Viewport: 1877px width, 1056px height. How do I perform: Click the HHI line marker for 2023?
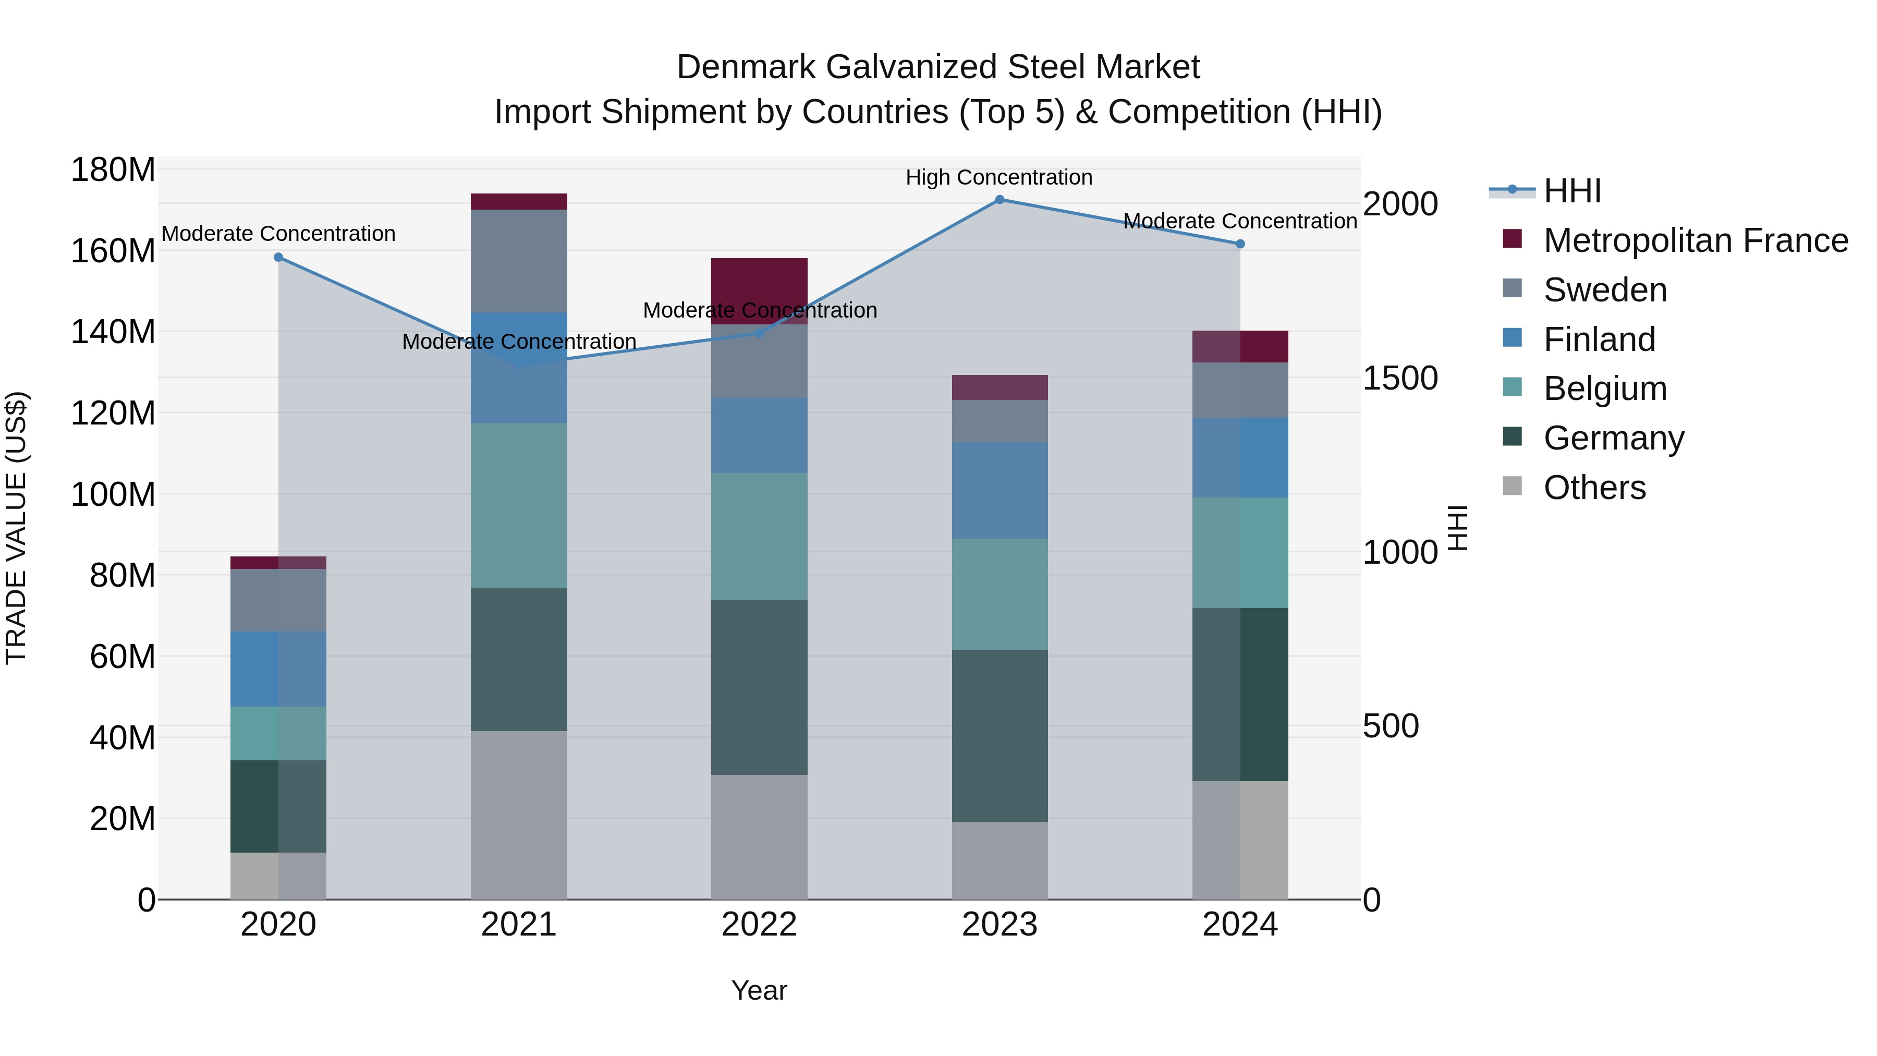(x=1000, y=200)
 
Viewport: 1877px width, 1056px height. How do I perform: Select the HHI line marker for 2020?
(x=278, y=257)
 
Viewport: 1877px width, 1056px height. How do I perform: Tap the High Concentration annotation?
(x=999, y=178)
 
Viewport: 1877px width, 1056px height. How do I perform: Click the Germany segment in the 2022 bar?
(x=759, y=687)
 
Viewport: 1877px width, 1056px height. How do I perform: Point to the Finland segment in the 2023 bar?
(x=1000, y=491)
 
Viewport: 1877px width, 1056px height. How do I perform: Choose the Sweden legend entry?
(x=1605, y=290)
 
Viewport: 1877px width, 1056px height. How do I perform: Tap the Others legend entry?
(x=1594, y=488)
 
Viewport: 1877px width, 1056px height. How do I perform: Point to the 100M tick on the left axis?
(x=113, y=495)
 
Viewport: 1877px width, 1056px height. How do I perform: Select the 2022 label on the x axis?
(x=759, y=925)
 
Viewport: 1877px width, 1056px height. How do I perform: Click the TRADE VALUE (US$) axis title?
(x=16, y=528)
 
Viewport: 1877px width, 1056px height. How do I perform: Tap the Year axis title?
(x=759, y=990)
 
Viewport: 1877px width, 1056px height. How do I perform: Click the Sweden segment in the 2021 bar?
(x=519, y=261)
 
